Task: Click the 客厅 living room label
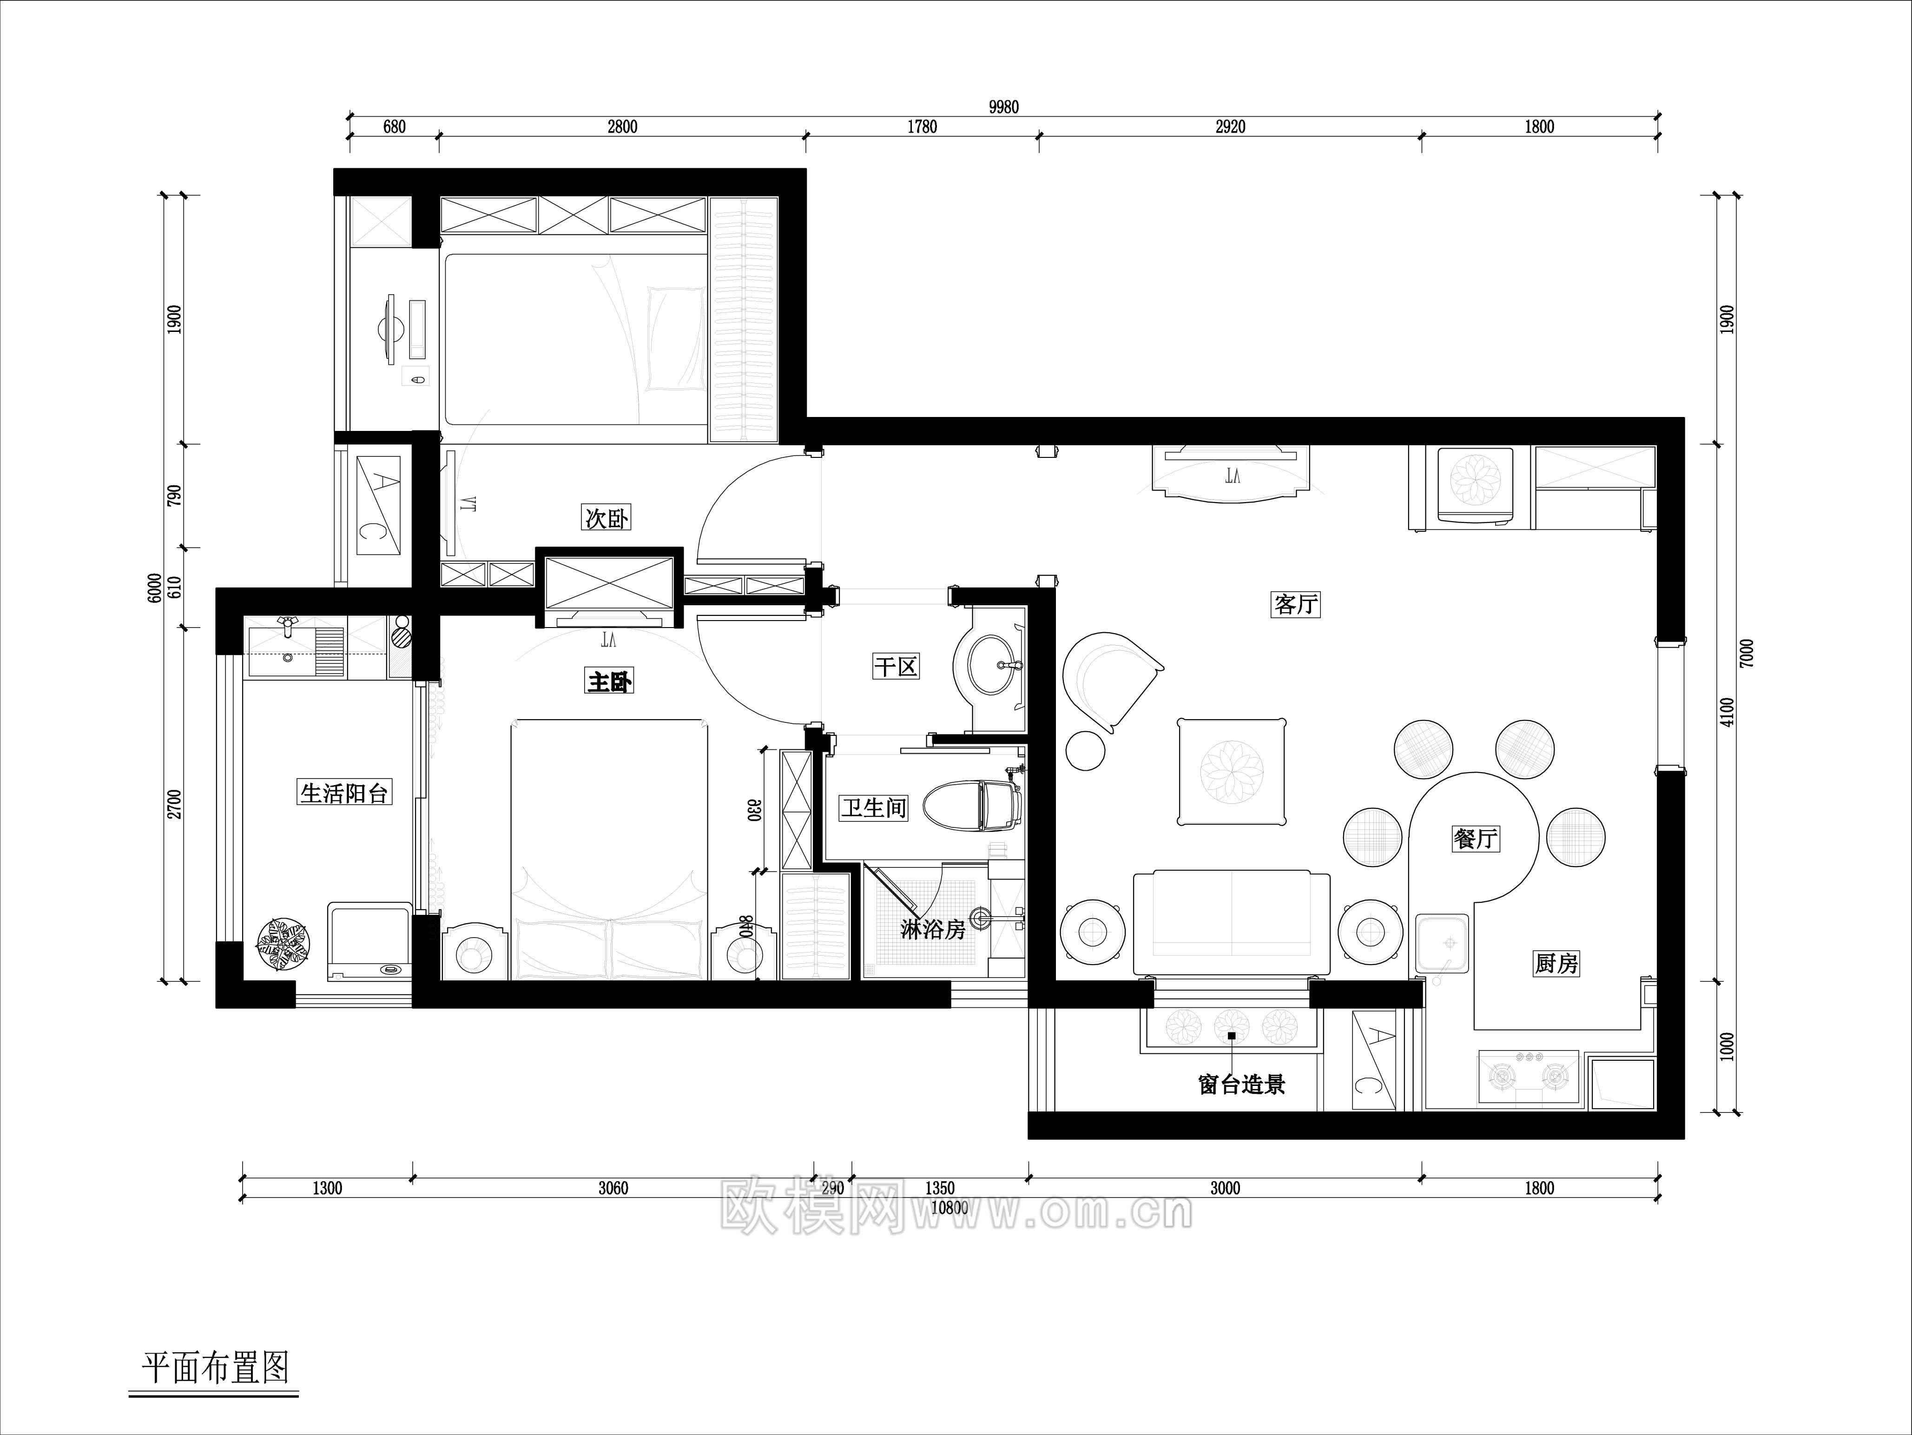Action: [1296, 604]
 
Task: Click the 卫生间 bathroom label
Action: [874, 807]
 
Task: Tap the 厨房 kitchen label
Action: [1557, 963]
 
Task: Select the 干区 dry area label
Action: [896, 667]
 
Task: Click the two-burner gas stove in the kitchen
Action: [1528, 1076]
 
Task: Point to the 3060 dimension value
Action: [613, 1188]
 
